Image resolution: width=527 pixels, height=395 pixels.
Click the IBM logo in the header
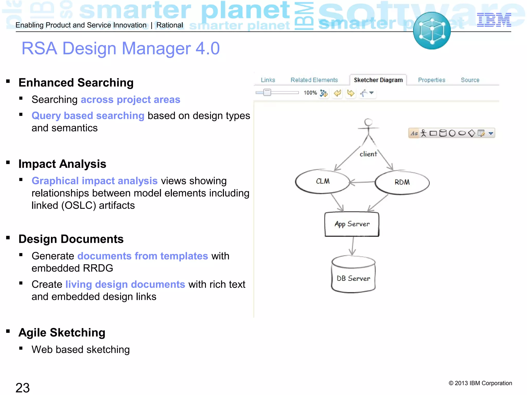[x=494, y=20]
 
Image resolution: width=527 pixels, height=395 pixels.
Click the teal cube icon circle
[x=432, y=31]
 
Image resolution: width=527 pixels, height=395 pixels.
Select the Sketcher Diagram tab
[x=378, y=80]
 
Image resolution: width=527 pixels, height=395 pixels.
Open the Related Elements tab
[x=314, y=80]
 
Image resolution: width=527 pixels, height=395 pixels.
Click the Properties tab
[x=432, y=80]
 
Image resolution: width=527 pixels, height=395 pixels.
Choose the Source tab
[x=470, y=80]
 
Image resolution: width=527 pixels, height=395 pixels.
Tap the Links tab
[x=268, y=80]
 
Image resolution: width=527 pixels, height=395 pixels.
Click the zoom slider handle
[x=267, y=92]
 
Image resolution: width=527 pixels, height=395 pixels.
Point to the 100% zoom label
[x=310, y=93]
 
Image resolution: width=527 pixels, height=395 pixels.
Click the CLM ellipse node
[x=322, y=181]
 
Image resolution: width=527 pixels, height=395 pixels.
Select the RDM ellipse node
[x=402, y=182]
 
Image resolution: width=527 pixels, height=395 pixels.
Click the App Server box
[x=352, y=224]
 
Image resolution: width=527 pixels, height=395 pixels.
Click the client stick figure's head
[x=368, y=122]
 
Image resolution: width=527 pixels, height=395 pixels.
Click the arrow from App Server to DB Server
[x=353, y=246]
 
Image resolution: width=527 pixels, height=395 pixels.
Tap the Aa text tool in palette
[x=414, y=133]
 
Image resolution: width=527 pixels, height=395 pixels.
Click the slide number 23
[x=23, y=388]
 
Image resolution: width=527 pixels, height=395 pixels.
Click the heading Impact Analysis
[x=62, y=164]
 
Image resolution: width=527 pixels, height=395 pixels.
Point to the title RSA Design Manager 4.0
[x=120, y=48]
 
